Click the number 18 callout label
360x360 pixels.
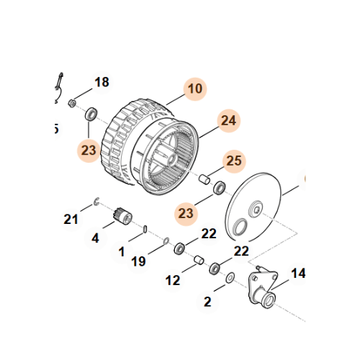tap(102, 82)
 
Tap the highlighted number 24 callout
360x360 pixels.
tap(228, 122)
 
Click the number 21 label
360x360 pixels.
tap(70, 219)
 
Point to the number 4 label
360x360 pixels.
tap(95, 237)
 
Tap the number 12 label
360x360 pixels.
tap(173, 279)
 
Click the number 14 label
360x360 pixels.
tap(297, 274)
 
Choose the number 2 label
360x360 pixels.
tap(207, 302)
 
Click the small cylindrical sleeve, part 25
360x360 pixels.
tap(204, 177)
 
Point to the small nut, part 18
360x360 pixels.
tap(73, 104)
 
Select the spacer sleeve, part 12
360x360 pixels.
tap(197, 258)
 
